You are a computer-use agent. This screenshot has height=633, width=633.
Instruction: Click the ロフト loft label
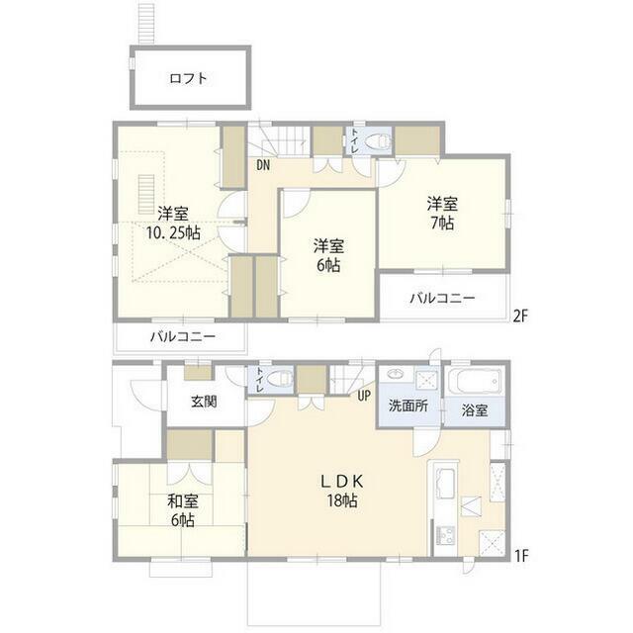(x=188, y=78)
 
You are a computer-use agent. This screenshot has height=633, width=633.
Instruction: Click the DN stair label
(x=263, y=165)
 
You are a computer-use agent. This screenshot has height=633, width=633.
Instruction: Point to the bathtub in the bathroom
(x=476, y=382)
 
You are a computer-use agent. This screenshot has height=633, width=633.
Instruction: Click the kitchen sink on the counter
(x=441, y=485)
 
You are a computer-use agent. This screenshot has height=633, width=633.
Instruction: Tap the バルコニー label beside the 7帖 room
(x=442, y=298)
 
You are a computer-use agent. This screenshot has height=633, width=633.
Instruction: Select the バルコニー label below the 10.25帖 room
(x=183, y=337)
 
